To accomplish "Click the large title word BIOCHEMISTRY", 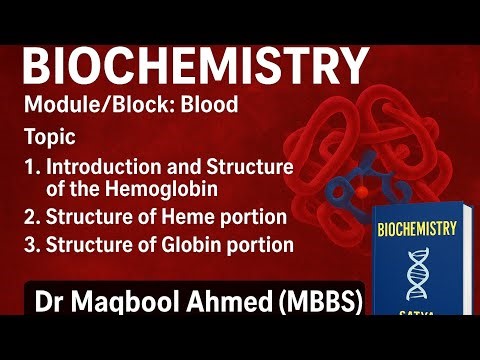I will [196, 66].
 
